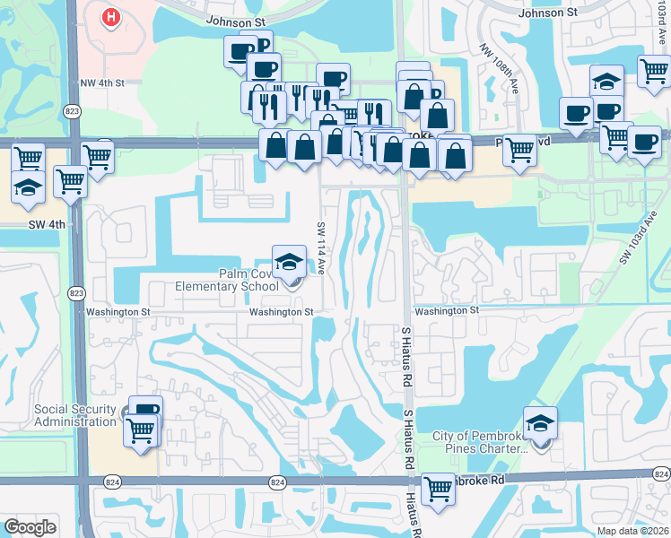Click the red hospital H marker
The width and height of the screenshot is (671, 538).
pyautogui.click(x=111, y=17)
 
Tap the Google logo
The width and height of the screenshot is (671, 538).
pyautogui.click(x=30, y=526)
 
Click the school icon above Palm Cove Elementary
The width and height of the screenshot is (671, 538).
pyautogui.click(x=288, y=262)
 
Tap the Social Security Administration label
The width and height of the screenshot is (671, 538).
pyautogui.click(x=75, y=415)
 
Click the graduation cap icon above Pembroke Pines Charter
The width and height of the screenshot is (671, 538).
pyautogui.click(x=540, y=423)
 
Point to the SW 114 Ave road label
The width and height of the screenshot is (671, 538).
pyautogui.click(x=319, y=248)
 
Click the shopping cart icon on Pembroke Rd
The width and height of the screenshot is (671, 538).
pyautogui.click(x=438, y=490)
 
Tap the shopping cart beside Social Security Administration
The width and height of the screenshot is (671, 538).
pyautogui.click(x=141, y=430)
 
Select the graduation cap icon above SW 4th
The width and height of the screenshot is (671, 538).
pyautogui.click(x=28, y=188)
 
